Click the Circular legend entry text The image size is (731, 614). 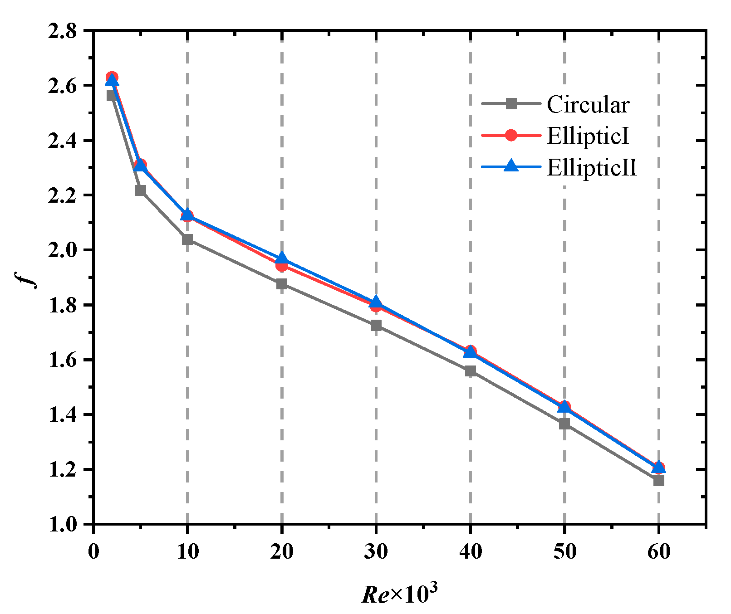point(588,104)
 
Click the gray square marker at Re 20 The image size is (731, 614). point(282,284)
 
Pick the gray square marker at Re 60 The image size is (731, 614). point(659,480)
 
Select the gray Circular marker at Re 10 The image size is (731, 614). point(187,239)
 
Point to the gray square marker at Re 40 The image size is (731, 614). point(471,371)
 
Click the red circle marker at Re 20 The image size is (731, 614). point(282,265)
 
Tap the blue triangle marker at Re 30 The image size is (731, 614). point(376,302)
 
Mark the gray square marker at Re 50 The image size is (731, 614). point(564,424)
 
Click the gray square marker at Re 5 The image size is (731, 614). point(141,190)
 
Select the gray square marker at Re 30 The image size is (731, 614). point(376,325)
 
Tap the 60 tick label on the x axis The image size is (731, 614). point(659,551)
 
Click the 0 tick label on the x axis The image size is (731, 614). point(93,551)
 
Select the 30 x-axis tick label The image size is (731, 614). point(376,551)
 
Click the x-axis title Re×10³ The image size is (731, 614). point(400,593)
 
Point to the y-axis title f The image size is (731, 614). point(31,277)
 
